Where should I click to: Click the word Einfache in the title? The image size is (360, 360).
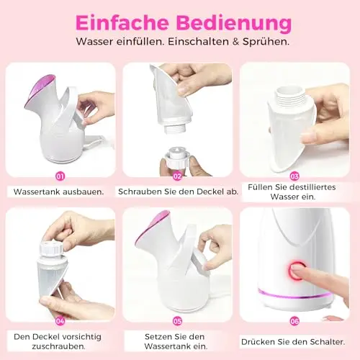[122, 23]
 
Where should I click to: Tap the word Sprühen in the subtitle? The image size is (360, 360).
[266, 42]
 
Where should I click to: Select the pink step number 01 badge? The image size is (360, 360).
[60, 176]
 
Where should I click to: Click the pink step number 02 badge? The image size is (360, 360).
[177, 176]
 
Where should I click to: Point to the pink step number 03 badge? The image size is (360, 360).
[294, 176]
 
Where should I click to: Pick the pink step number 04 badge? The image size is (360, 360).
[60, 321]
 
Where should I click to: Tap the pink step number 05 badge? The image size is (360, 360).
[177, 321]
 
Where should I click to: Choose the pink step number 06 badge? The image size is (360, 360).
[294, 321]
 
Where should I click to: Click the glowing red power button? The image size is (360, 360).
[297, 271]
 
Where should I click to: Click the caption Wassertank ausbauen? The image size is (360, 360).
[59, 192]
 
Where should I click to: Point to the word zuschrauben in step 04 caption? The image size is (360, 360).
[58, 346]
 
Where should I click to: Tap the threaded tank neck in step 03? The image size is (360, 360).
[291, 96]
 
